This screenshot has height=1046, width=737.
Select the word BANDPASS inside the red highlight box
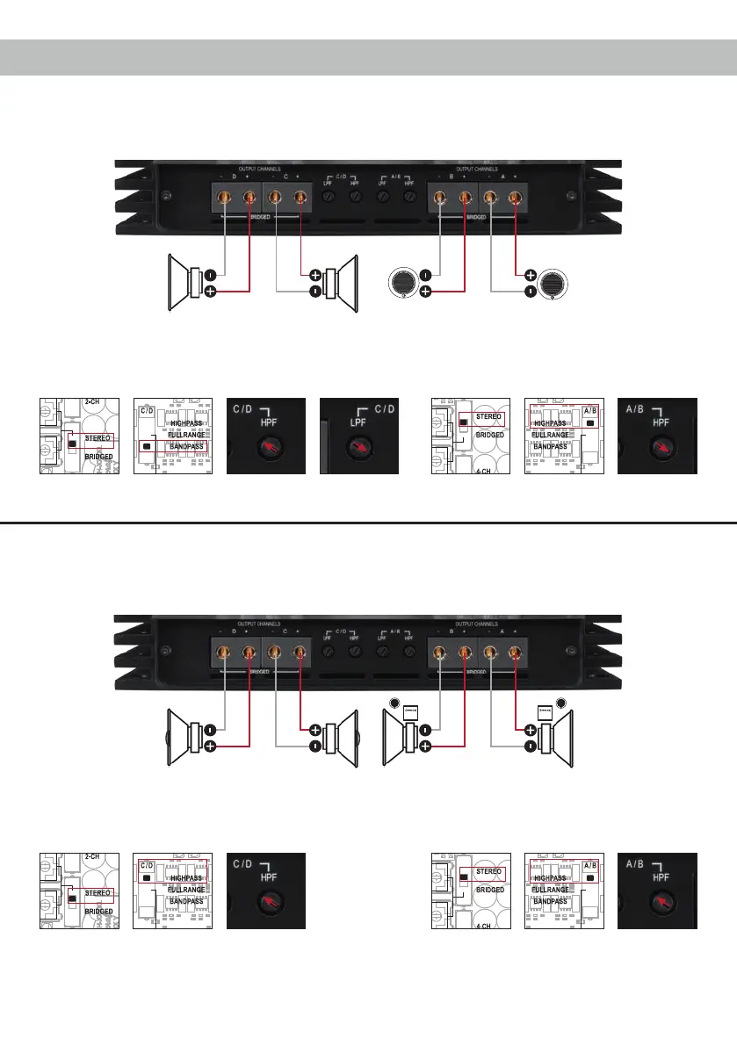pos(186,446)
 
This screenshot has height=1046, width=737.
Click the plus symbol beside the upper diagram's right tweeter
pos(530,274)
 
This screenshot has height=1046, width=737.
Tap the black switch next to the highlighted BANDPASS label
pos(146,446)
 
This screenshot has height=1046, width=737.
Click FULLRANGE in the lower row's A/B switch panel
pos(552,889)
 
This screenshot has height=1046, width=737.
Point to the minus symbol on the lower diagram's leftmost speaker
pos(210,729)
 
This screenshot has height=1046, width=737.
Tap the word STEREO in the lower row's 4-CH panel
pos(488,871)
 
